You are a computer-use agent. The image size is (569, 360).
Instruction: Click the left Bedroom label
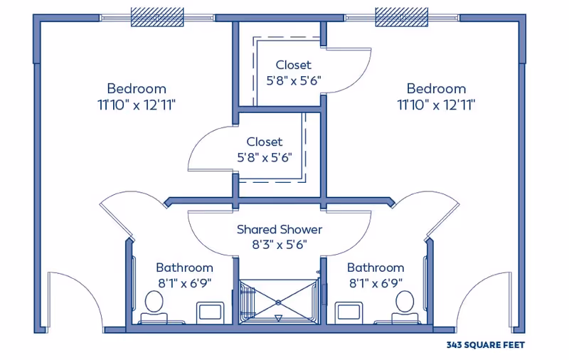137,88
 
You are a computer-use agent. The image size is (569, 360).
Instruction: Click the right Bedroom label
436,88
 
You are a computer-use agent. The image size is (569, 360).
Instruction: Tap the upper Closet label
293,65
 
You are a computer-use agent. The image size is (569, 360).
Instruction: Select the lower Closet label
264,142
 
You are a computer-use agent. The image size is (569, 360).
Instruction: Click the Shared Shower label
280,229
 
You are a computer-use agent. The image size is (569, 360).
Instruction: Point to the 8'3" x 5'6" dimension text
280,245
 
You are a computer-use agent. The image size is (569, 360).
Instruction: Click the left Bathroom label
184,268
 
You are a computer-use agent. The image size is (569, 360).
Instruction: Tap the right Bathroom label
376,268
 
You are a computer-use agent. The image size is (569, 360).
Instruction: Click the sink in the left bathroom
210,312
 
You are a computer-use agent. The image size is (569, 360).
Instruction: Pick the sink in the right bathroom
349,312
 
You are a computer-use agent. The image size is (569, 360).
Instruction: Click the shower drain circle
278,302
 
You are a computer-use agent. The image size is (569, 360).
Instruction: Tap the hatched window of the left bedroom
157,17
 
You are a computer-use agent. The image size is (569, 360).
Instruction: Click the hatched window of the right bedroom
401,17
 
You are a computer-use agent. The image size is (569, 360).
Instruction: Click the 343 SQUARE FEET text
486,345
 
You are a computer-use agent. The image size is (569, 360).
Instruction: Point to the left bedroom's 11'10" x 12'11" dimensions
137,105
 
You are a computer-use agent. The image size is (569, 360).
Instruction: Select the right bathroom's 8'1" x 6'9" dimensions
376,282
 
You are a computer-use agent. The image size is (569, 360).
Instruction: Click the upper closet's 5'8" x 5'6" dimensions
294,80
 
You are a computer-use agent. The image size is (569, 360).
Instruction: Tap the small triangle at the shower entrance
278,318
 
